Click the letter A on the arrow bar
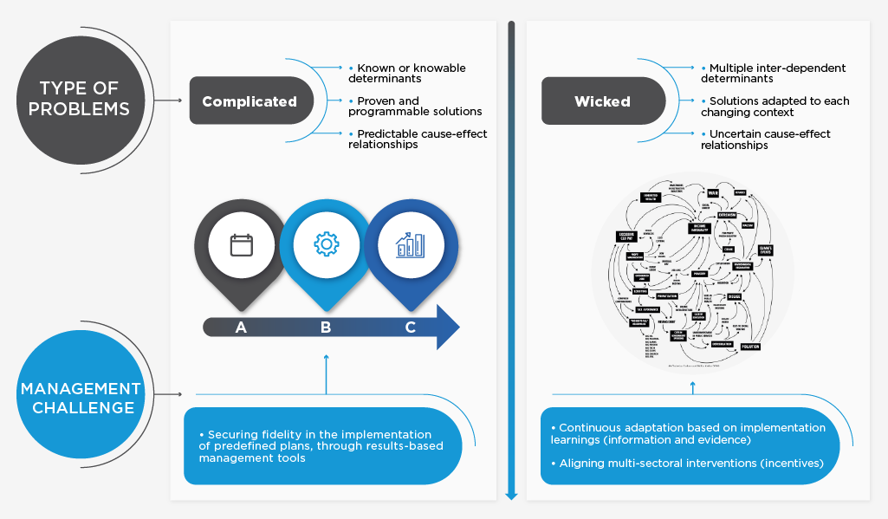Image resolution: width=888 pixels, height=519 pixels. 241,327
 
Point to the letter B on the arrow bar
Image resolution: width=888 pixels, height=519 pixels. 326,327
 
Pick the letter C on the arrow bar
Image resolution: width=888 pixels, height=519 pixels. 410,327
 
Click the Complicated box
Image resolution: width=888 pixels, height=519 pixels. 250,101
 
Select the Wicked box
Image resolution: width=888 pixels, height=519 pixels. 602,101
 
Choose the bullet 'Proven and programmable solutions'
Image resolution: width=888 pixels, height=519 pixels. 415,106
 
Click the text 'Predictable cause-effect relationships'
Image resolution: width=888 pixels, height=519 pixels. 418,139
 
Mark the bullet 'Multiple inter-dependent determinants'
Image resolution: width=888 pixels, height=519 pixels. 773,73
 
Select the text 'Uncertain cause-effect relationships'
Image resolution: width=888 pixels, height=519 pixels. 766,139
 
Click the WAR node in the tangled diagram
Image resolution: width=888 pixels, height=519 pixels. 713,192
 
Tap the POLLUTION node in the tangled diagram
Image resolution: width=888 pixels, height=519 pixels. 749,346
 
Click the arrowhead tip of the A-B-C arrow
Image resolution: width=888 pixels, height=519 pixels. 458,327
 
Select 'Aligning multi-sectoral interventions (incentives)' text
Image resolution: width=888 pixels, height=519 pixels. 690,464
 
